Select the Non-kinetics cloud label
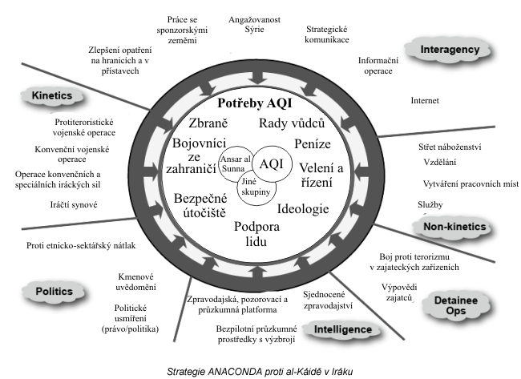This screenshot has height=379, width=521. click(x=454, y=227)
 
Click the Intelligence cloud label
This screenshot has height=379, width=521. click(x=342, y=329)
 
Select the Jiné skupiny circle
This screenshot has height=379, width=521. click(x=255, y=187)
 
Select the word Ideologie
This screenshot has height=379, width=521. click(x=303, y=209)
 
